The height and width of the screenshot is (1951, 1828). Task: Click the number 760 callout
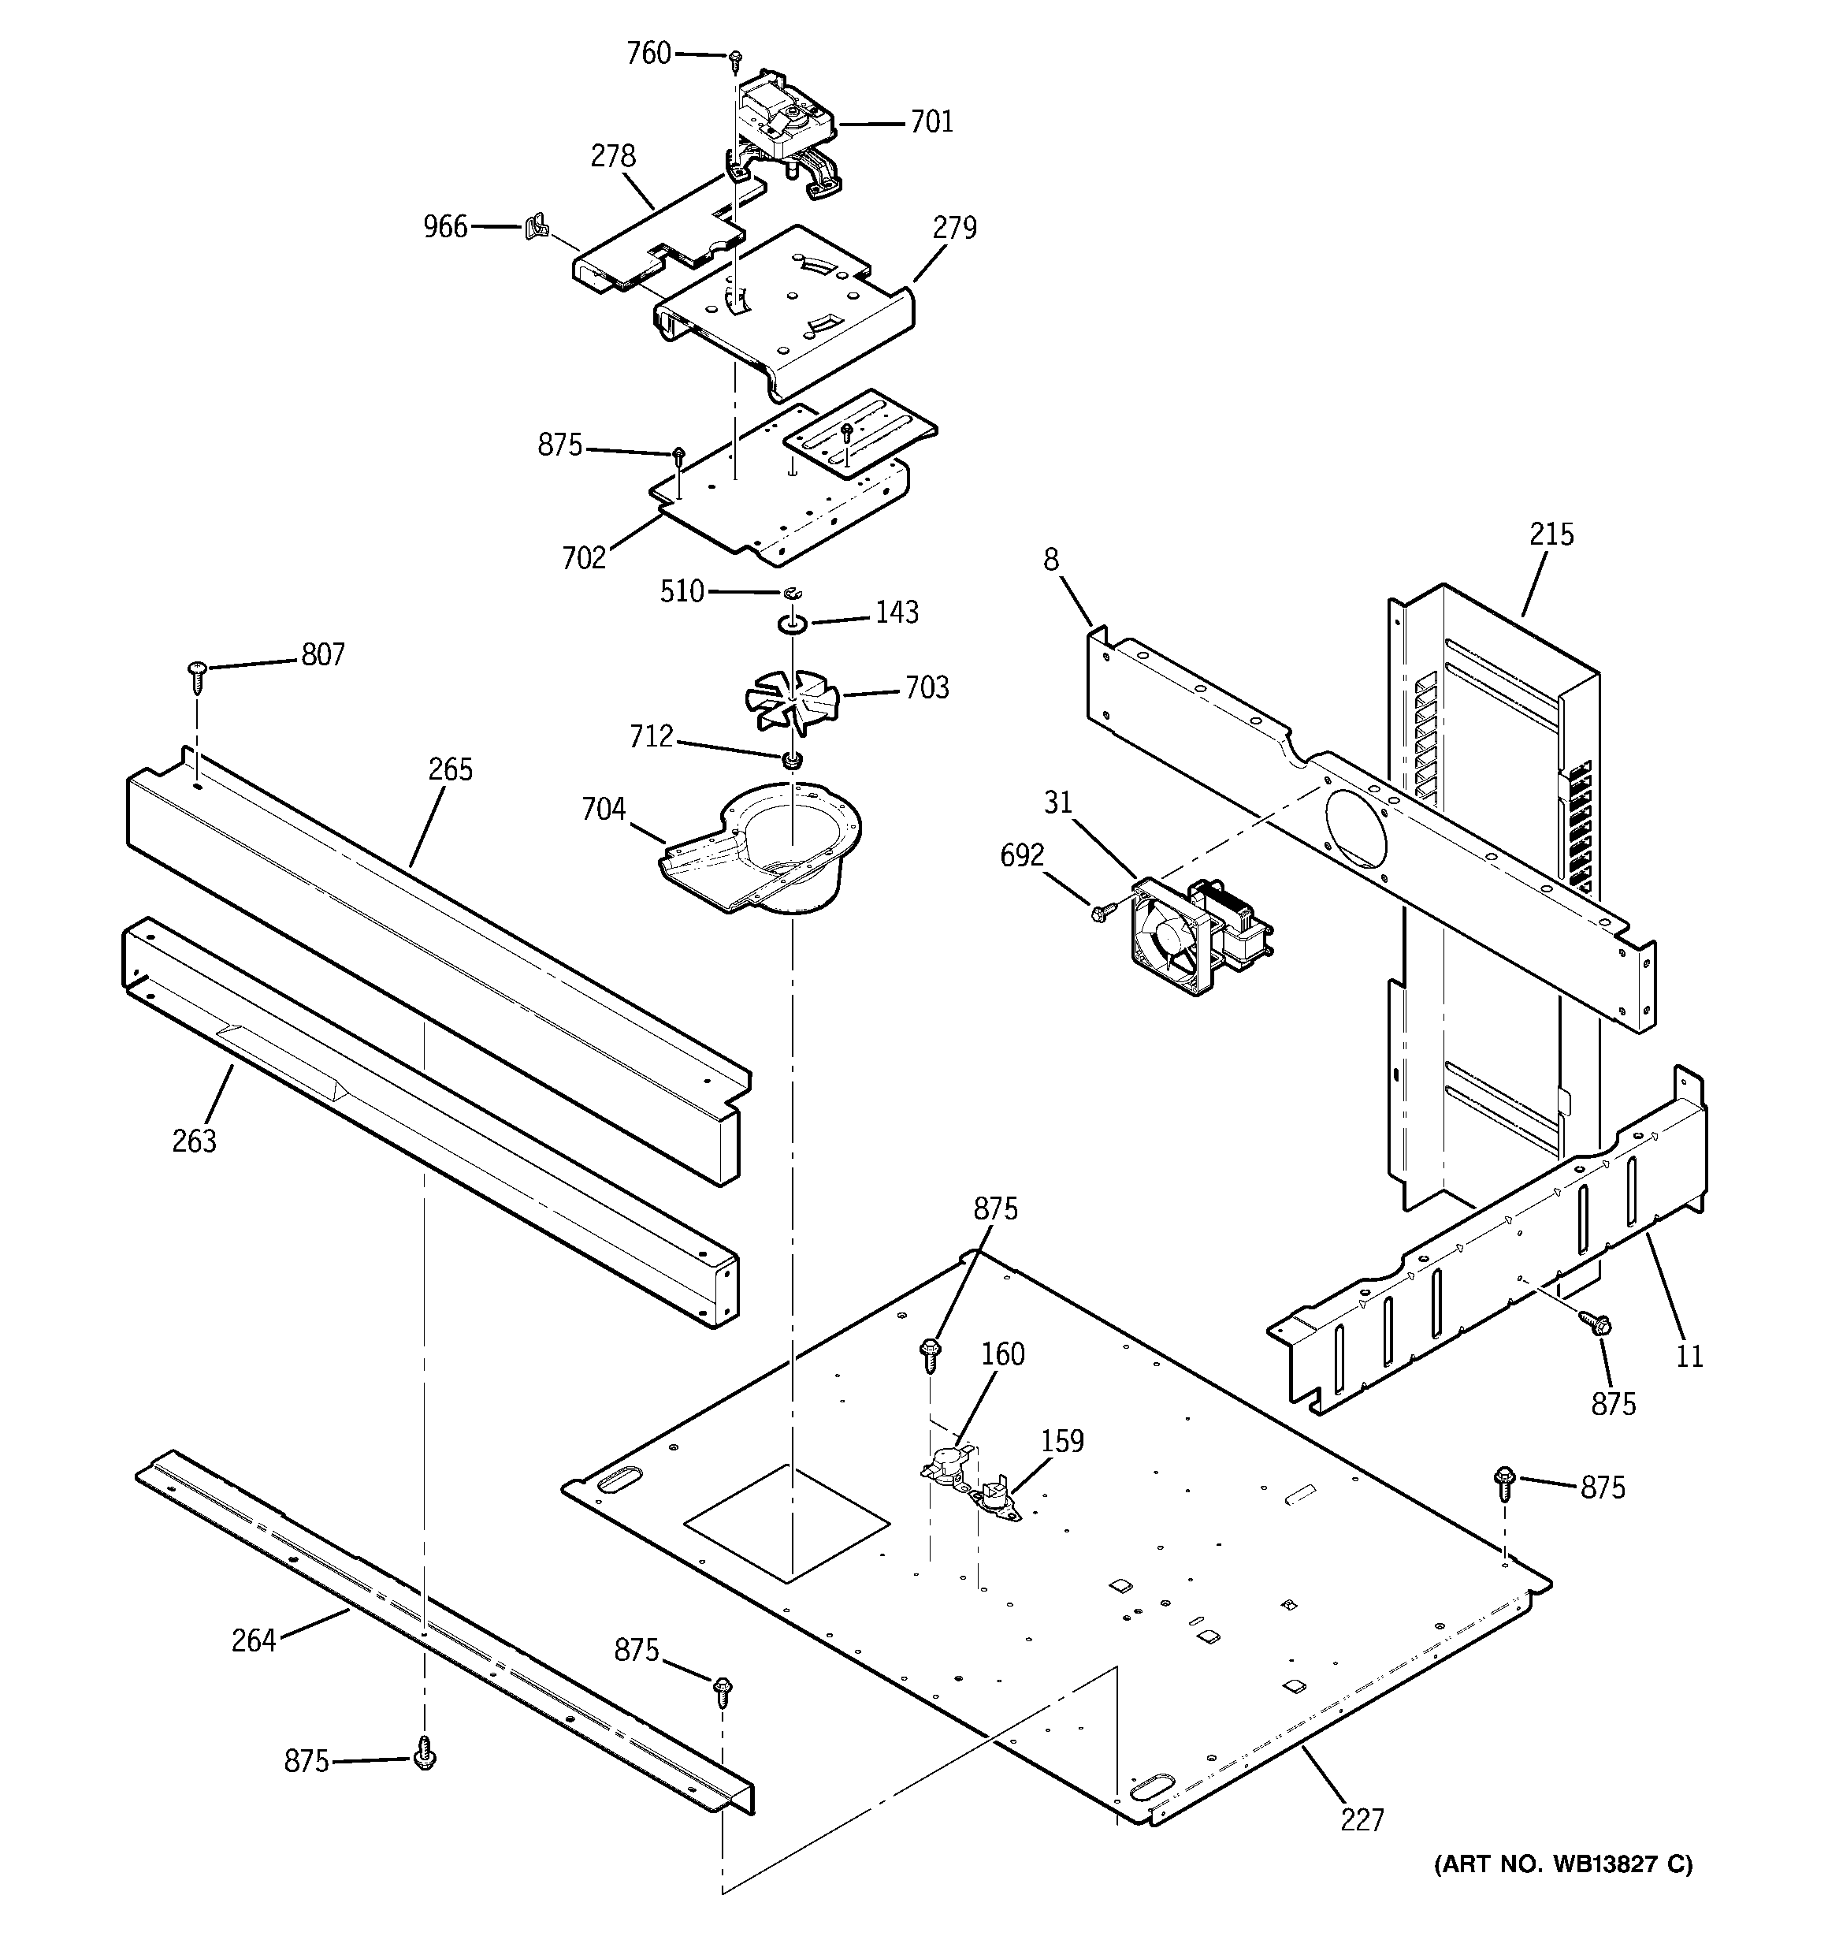coord(648,53)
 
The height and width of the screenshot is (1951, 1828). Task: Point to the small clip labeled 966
coord(535,229)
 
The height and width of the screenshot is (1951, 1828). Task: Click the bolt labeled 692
coord(1100,912)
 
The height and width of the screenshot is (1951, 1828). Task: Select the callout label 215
coord(1551,535)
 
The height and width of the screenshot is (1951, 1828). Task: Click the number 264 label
coord(253,1640)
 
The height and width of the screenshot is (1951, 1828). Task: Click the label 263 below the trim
coord(195,1141)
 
